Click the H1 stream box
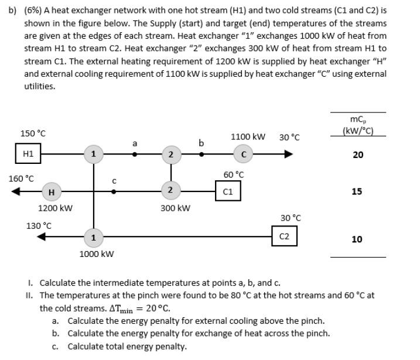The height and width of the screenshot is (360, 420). click(28, 155)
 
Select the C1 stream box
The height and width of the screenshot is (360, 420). click(228, 191)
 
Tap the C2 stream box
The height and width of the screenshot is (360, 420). click(285, 236)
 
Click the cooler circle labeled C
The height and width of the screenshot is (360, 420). click(243, 155)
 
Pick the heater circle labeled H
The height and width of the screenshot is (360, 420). click(52, 191)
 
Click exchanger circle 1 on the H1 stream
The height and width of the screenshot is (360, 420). click(92, 155)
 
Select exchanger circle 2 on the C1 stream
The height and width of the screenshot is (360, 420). click(170, 191)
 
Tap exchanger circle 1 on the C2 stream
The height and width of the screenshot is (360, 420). click(92, 237)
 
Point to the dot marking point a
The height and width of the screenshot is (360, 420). click(135, 155)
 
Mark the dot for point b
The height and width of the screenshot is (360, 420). click(202, 155)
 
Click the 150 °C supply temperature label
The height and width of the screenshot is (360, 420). click(33, 133)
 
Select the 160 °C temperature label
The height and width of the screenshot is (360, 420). click(21, 178)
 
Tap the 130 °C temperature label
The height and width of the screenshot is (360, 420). click(39, 225)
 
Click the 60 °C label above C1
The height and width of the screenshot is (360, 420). click(234, 174)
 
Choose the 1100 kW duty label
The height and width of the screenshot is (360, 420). click(248, 137)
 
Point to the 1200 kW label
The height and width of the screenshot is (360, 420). click(55, 208)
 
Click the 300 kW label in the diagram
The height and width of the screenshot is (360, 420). click(175, 208)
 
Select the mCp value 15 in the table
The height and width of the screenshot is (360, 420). click(357, 191)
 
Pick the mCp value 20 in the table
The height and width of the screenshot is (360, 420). click(357, 155)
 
